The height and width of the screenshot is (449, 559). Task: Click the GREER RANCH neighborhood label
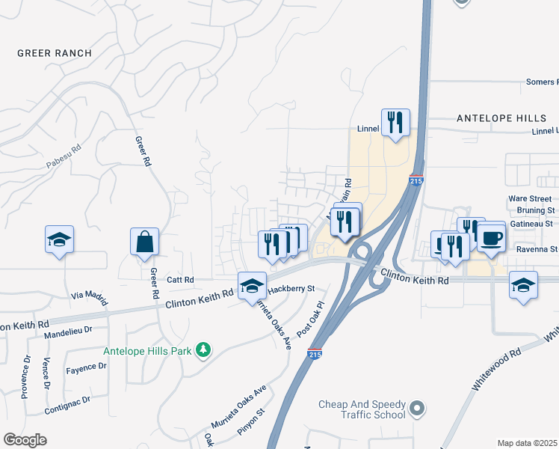[55, 53]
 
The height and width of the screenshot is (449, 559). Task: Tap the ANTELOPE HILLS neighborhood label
[501, 118]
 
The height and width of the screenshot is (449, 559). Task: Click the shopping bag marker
[144, 242]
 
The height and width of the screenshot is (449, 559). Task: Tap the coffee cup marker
[492, 238]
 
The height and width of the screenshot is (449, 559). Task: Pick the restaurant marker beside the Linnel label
[395, 123]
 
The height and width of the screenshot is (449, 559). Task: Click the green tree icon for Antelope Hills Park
[202, 349]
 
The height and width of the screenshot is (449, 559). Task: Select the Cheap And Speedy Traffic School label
[362, 409]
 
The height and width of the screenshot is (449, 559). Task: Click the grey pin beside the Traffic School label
[418, 409]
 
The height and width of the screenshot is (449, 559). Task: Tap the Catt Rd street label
[180, 280]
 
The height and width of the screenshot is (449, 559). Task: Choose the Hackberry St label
[292, 287]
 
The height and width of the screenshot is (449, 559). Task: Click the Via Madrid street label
[87, 296]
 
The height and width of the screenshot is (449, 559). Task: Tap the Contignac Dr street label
[67, 400]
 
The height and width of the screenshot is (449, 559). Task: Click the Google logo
[25, 440]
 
